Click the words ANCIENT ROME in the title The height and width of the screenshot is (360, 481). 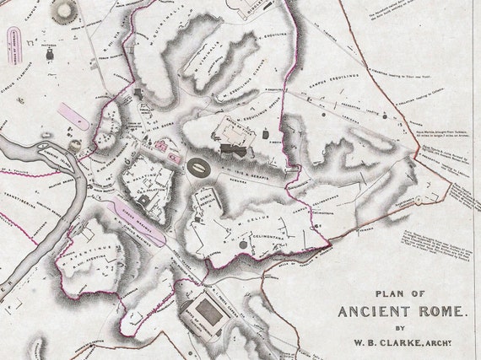point(401,311)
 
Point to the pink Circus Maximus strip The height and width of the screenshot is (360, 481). point(135,214)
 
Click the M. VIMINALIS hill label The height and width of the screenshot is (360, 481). point(202,64)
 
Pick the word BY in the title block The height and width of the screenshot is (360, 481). point(401,329)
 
